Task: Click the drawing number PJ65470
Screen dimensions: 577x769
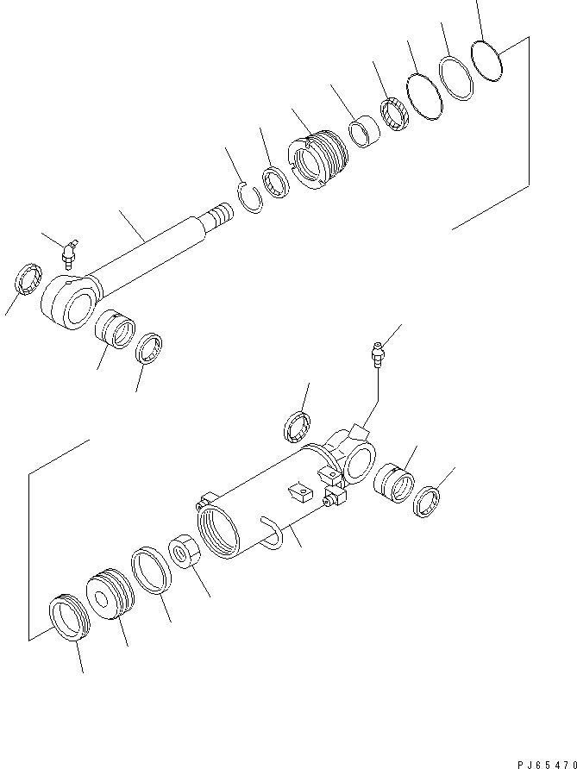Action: tap(547, 765)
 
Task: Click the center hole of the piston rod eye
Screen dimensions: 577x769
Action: tap(78, 308)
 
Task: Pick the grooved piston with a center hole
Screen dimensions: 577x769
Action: tap(110, 595)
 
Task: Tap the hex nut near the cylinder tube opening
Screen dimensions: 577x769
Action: tap(185, 552)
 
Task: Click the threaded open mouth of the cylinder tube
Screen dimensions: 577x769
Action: tap(218, 533)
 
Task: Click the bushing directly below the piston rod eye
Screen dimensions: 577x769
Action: tap(115, 329)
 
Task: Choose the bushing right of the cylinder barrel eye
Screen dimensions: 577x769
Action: tap(394, 483)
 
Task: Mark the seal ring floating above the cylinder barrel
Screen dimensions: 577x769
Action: tap(298, 428)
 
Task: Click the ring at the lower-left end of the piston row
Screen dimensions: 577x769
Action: tap(69, 617)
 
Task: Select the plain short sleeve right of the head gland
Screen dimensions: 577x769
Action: tap(365, 132)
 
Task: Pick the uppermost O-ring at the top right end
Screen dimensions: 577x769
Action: tap(486, 61)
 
